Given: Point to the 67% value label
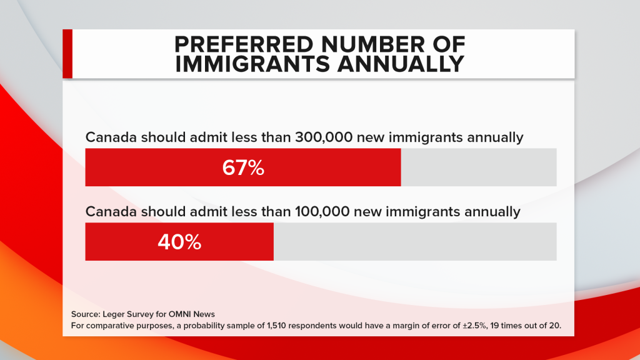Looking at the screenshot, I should [x=243, y=167].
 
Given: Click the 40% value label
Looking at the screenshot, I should [x=179, y=242].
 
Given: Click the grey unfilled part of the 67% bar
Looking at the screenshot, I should [x=478, y=167].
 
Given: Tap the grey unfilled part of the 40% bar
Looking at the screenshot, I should [x=415, y=242].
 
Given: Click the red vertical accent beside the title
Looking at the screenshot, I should [x=67, y=54].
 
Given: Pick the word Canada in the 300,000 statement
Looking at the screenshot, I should [x=107, y=137].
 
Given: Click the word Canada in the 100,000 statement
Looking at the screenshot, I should [x=107, y=212].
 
